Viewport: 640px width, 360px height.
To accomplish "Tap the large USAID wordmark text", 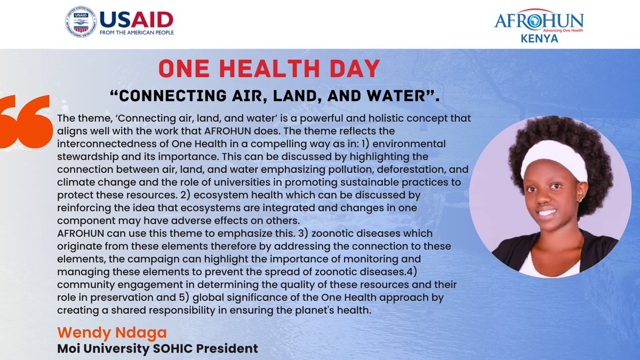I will tap(136, 19).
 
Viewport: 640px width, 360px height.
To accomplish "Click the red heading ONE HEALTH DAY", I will tap(269, 69).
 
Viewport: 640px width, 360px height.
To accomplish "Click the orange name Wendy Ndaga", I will tap(112, 333).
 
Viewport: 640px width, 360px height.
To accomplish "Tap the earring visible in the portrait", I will tap(579, 201).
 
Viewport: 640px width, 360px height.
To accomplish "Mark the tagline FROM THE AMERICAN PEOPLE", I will tap(136, 32).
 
